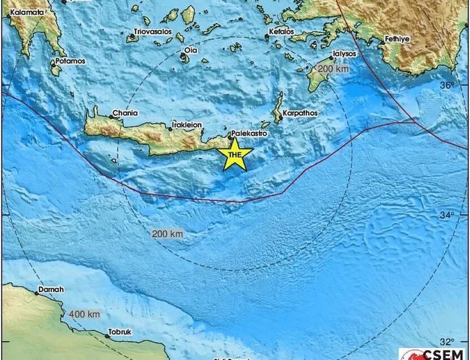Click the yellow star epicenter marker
pyautogui.click(x=235, y=155)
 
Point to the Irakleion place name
pyautogui.click(x=187, y=125)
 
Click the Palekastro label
pyautogui.click(x=249, y=134)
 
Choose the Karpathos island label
pyautogui.click(x=300, y=114)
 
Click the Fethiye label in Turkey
pyautogui.click(x=396, y=40)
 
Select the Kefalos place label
pyautogui.click(x=281, y=31)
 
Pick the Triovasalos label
pyautogui.click(x=152, y=32)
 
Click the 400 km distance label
pyautogui.click(x=84, y=314)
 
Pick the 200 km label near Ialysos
pyautogui.click(x=334, y=69)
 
